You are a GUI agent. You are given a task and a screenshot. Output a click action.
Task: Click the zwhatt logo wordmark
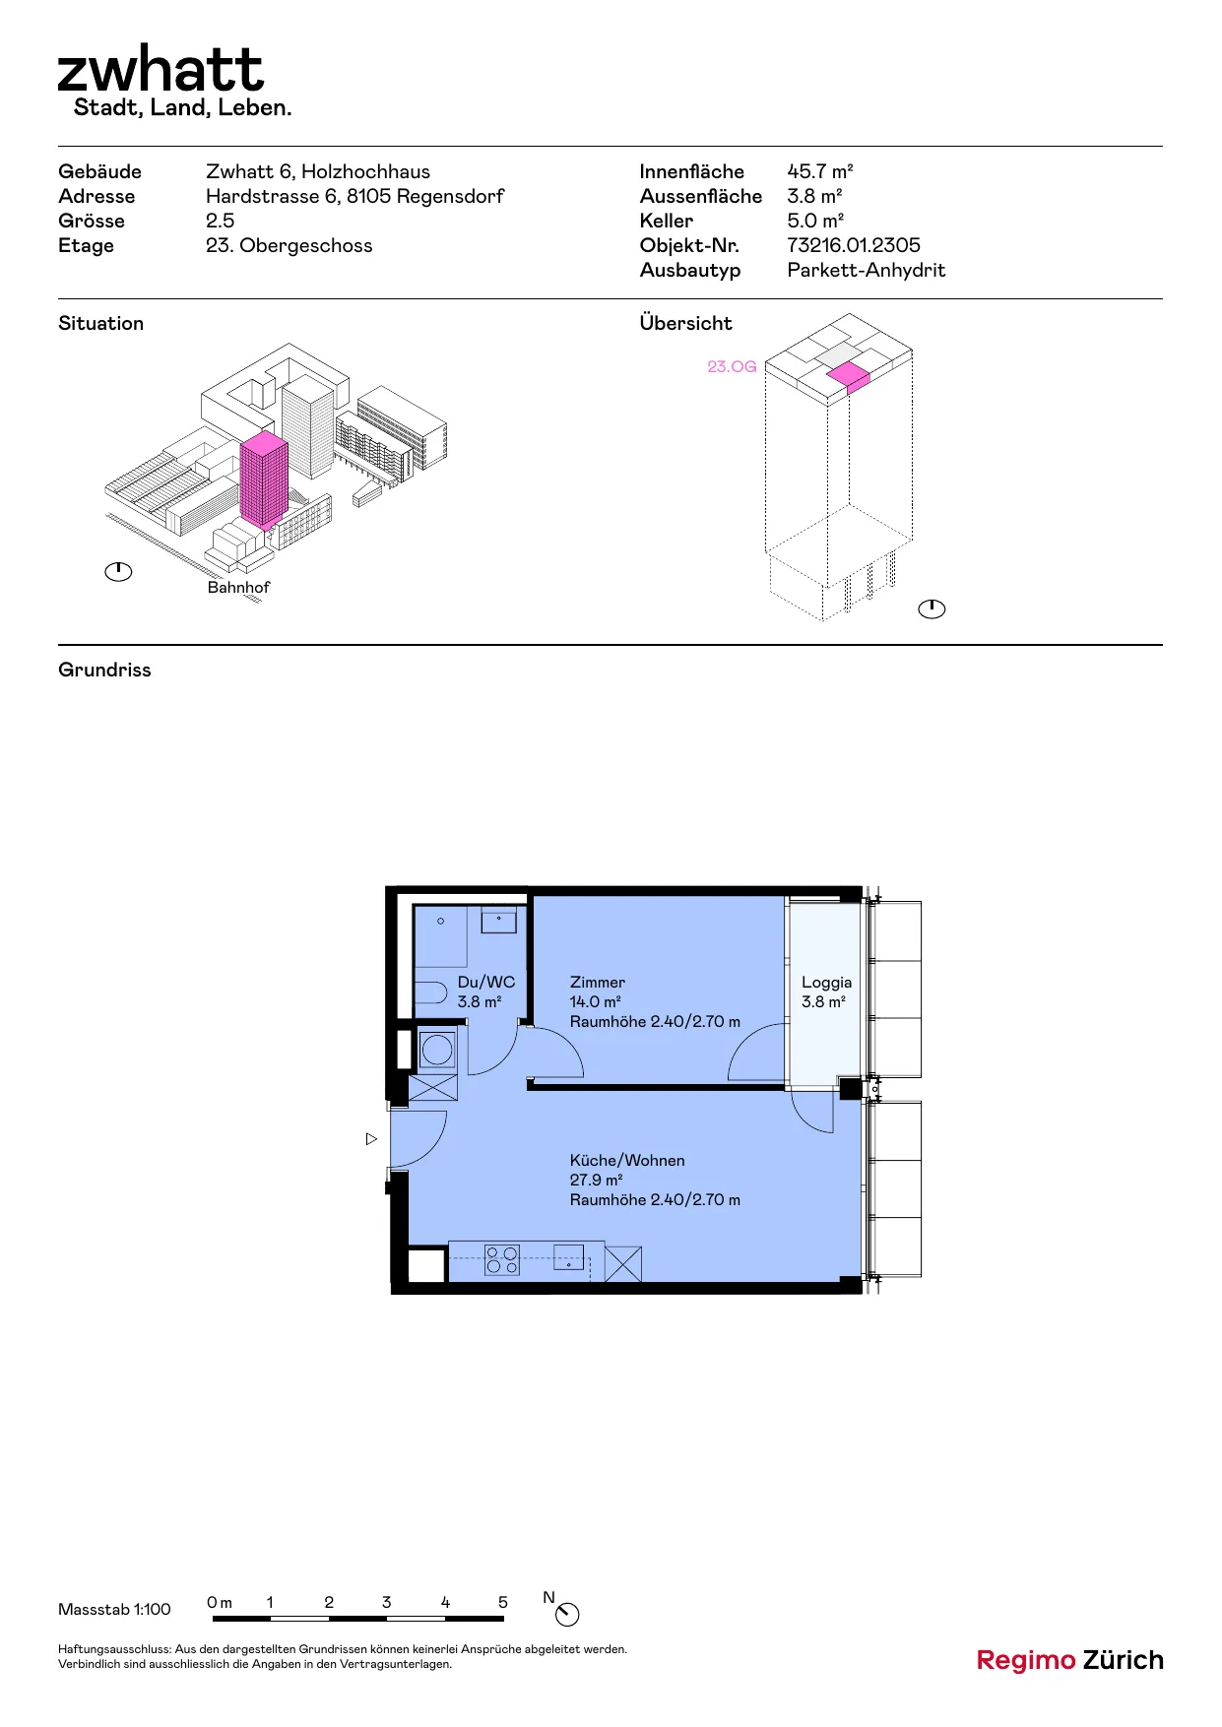[x=161, y=69]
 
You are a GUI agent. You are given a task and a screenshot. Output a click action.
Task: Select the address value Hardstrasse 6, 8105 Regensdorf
[x=354, y=196]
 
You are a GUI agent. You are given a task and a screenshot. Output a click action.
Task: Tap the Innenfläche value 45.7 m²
[x=819, y=171]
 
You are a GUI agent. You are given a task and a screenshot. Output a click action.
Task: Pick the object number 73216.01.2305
[x=854, y=245]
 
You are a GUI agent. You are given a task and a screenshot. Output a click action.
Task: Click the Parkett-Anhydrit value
[x=866, y=270]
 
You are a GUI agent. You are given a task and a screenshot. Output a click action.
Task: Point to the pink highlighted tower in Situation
[x=264, y=480]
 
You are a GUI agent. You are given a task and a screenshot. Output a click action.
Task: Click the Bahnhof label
[x=238, y=587]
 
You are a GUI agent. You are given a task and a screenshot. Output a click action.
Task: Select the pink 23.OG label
[x=732, y=366]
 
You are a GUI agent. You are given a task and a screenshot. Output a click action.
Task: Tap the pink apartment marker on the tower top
[x=849, y=376]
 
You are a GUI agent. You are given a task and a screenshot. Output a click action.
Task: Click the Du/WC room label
[x=486, y=982]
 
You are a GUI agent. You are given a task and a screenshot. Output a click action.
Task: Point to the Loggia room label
[x=826, y=982]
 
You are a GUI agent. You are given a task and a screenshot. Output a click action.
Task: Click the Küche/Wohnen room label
[x=627, y=1160]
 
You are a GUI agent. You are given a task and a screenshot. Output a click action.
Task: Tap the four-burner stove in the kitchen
[x=502, y=1260]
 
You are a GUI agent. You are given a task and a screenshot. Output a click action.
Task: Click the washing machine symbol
[x=437, y=1051]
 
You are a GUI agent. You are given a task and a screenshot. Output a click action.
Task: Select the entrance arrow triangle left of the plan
[x=371, y=1139]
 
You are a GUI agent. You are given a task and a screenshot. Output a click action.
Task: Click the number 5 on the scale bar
[x=503, y=1602]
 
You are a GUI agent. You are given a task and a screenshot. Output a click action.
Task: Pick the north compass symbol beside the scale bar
[x=567, y=1614]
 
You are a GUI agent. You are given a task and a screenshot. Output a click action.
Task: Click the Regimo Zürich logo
[x=1069, y=1660]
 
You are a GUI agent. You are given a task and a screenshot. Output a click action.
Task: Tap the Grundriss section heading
[x=104, y=670]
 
